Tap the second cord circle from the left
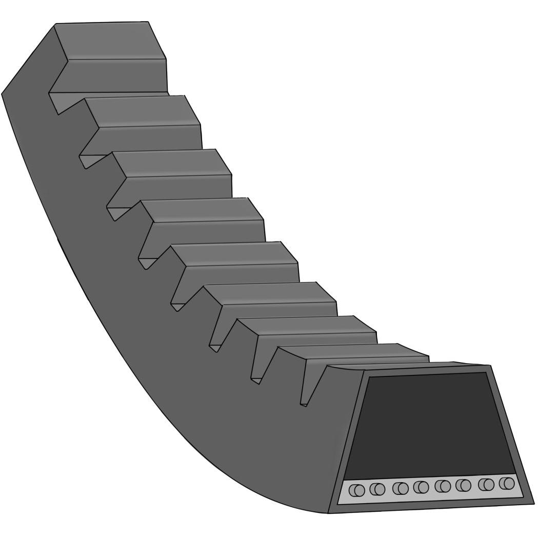pyautogui.click(x=377, y=489)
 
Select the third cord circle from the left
pyautogui.click(x=400, y=488)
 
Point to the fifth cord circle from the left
pyautogui.click(x=442, y=486)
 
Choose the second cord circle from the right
pyautogui.click(x=486, y=484)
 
